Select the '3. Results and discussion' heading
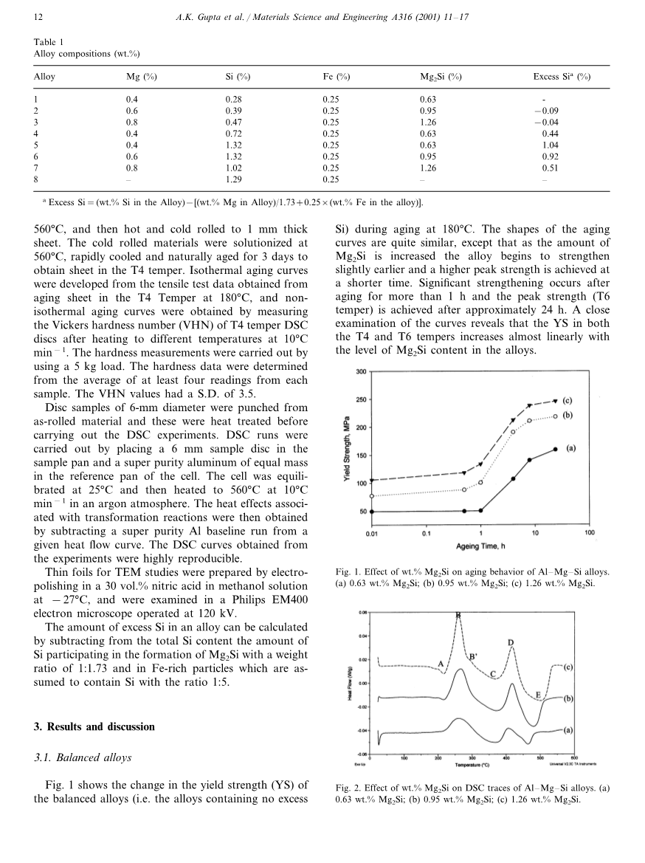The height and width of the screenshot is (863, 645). click(94, 726)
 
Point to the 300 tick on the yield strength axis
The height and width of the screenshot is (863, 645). click(361, 371)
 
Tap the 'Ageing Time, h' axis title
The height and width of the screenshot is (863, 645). click(480, 546)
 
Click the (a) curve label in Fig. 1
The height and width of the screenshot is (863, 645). click(571, 447)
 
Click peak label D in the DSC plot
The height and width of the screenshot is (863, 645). click(511, 642)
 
